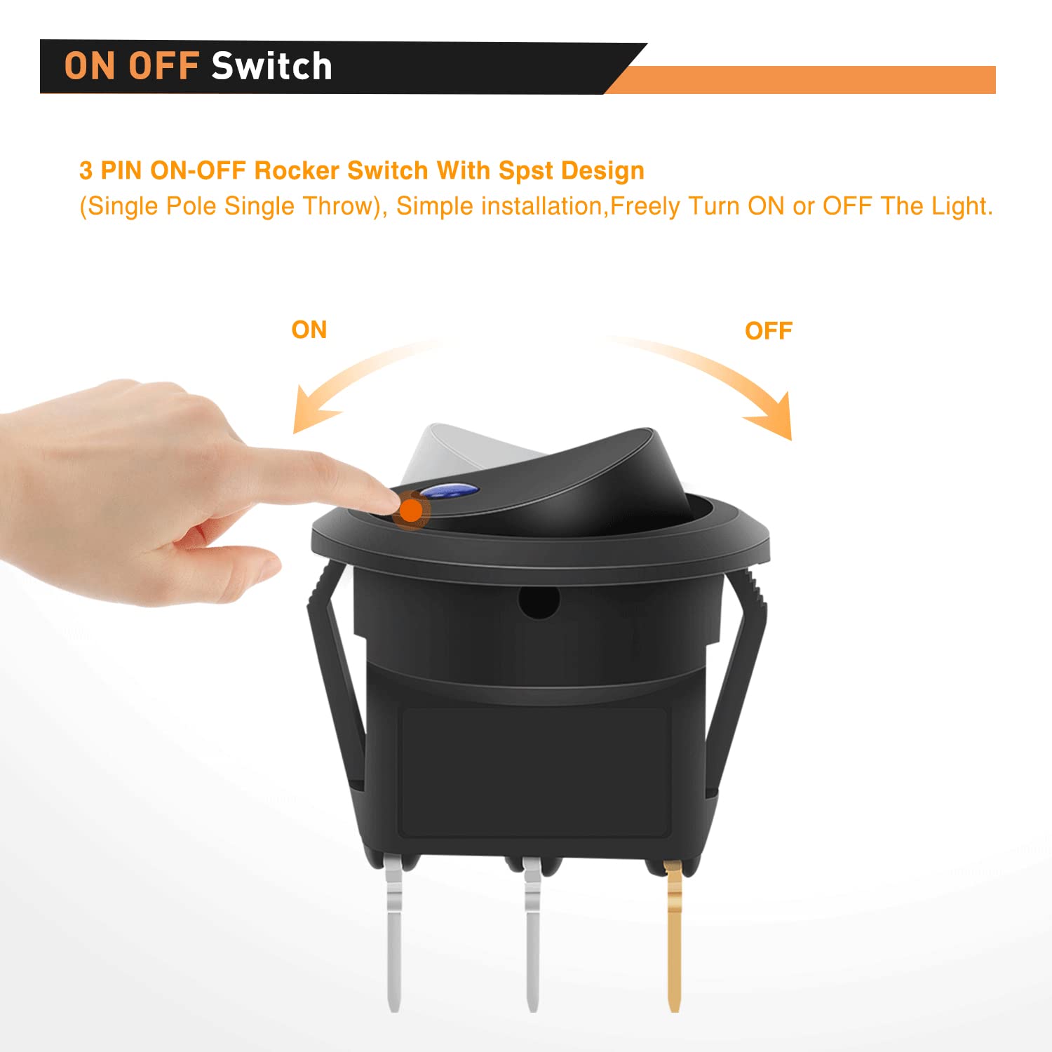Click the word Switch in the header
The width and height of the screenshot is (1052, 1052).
coord(271,67)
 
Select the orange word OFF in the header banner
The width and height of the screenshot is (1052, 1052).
coord(163,67)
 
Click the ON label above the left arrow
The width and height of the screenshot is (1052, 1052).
coord(309,330)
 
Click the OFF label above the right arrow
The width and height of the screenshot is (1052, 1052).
coord(769,331)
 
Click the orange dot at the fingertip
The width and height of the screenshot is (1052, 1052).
coord(410,510)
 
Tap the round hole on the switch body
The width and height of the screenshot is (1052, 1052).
coord(539,602)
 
